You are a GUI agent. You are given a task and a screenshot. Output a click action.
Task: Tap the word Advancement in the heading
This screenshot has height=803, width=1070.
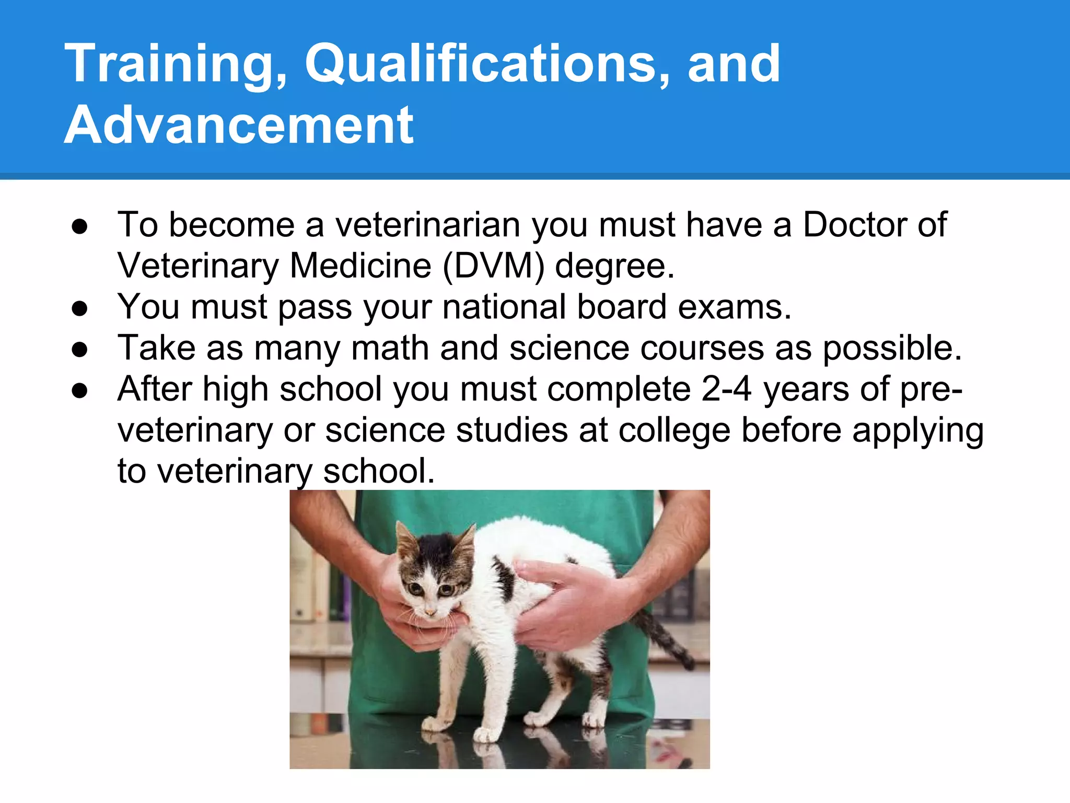pos(239,125)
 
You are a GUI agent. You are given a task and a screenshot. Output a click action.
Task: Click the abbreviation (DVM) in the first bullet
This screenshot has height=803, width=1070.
pos(493,266)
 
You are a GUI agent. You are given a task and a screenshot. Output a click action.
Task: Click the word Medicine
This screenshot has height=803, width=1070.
pos(360,266)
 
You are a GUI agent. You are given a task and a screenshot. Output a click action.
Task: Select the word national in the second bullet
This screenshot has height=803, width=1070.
pos(504,307)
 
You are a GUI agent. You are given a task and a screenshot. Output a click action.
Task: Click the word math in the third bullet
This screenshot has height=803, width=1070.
pos(390,348)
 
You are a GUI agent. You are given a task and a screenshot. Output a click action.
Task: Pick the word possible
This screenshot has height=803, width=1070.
pos(892,348)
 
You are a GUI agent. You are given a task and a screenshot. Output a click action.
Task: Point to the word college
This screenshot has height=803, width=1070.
pos(674,430)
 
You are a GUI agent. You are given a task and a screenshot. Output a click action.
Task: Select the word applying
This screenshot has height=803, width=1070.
pos(917,430)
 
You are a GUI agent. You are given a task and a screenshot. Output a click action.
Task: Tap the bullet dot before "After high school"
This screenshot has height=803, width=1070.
pos(80,391)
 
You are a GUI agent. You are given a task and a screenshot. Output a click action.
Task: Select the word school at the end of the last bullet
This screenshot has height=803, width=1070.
pos(379,472)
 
